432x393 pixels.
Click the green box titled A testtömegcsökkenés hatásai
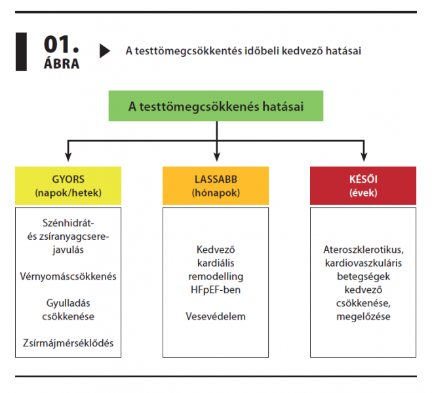216,105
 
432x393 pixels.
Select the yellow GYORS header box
68,185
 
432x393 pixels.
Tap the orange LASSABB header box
216,185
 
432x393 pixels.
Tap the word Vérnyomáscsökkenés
68,276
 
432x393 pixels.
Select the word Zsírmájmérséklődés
68,343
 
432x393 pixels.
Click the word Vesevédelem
216,316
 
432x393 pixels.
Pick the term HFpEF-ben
216,289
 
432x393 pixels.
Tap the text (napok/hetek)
68,193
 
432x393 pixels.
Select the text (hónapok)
216,193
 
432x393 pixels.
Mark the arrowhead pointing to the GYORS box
68,157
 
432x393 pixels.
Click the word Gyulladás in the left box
68,303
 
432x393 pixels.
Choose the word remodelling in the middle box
216,276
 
